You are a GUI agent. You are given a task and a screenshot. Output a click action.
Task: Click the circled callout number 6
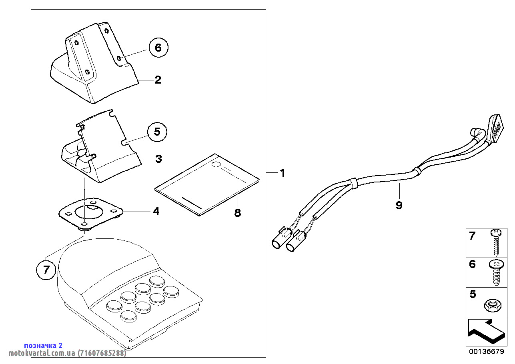click(x=158, y=48)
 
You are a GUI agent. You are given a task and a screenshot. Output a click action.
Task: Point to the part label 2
click(x=158, y=80)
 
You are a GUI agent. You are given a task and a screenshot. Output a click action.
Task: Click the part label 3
click(x=158, y=159)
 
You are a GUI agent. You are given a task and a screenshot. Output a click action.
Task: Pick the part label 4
click(x=156, y=211)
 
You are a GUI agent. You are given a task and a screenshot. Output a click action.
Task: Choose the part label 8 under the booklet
click(x=238, y=213)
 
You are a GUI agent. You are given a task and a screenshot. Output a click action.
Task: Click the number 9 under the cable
click(x=399, y=205)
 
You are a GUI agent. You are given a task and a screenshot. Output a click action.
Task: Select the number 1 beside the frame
click(x=283, y=173)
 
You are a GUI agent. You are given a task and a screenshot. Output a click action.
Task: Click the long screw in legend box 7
click(x=496, y=242)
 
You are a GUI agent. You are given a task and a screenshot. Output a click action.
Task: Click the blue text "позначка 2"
click(x=43, y=345)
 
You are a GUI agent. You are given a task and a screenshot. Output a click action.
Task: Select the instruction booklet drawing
click(x=207, y=183)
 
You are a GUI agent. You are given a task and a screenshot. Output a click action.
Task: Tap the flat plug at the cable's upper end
click(x=496, y=127)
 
